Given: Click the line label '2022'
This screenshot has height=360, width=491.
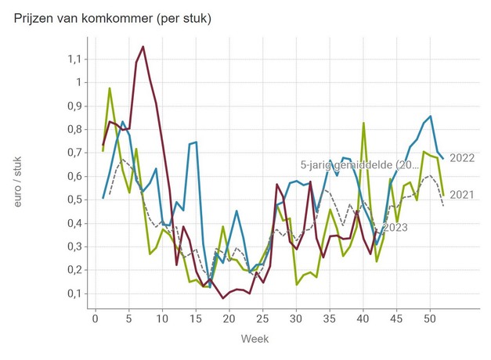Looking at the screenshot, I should [462, 158].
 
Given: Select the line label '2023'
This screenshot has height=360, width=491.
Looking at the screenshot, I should [395, 228].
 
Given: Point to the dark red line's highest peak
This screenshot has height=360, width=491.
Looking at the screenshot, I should [143, 47].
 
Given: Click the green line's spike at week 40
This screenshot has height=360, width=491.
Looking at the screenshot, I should [363, 123].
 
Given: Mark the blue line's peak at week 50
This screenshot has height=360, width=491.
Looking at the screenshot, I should [430, 117].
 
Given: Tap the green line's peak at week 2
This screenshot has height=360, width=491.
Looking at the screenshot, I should [110, 88].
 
